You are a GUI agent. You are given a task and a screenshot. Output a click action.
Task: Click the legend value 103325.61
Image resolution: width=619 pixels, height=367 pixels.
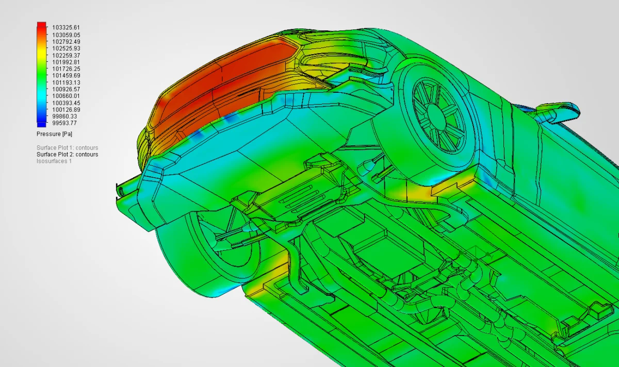tap(66, 27)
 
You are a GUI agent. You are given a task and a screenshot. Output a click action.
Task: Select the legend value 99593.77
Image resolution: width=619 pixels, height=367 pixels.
tap(64, 123)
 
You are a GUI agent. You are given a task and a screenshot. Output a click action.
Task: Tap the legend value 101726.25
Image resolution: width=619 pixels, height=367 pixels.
tap(66, 69)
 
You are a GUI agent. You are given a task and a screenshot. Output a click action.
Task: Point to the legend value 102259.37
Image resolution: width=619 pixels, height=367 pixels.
tap(66, 55)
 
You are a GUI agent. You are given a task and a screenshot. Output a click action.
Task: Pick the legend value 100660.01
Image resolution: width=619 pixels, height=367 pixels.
tap(66, 96)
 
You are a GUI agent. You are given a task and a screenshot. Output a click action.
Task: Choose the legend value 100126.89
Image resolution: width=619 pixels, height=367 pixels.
tap(66, 110)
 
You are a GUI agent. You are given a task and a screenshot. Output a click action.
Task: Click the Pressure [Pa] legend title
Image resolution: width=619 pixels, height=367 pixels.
tap(55, 134)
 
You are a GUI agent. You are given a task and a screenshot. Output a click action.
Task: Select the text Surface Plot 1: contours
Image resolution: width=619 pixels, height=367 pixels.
tap(68, 148)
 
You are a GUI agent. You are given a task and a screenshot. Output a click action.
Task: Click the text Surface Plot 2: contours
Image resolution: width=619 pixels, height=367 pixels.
tap(68, 154)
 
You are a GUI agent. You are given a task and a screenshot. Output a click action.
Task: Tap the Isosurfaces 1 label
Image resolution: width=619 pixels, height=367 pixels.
tap(54, 161)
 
